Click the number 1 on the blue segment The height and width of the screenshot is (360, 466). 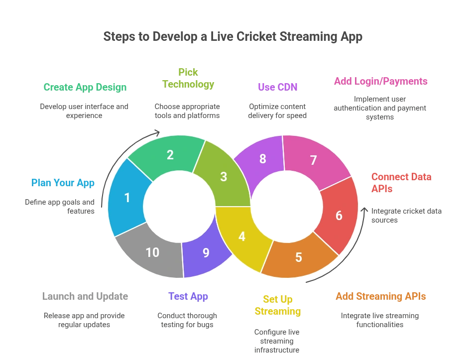pos(127,198)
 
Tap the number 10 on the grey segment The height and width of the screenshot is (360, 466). pos(152,252)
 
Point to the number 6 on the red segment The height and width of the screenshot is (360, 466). pos(339,216)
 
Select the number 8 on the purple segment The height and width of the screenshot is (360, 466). pos(263,159)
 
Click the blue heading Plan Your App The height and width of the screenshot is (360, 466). pos(63,182)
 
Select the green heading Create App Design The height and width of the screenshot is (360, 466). pos(85,87)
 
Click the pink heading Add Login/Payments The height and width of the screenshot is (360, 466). pos(381,81)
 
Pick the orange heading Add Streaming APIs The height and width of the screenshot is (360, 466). pos(381,296)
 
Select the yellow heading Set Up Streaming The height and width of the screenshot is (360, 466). pos(278,305)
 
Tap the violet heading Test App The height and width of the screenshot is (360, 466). pos(188,296)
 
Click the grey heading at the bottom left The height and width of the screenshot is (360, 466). pos(85,296)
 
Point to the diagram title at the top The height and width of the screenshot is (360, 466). pos(233,37)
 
